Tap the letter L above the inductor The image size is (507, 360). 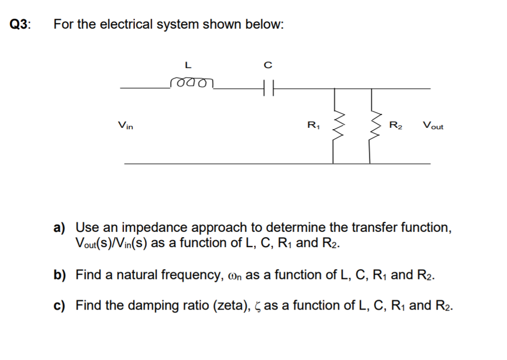coord(187,64)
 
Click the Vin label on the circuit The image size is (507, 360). coord(125,126)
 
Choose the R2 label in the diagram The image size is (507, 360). coord(396,126)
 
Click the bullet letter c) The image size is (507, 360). coord(60,306)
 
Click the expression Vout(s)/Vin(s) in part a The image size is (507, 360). coord(112,243)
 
